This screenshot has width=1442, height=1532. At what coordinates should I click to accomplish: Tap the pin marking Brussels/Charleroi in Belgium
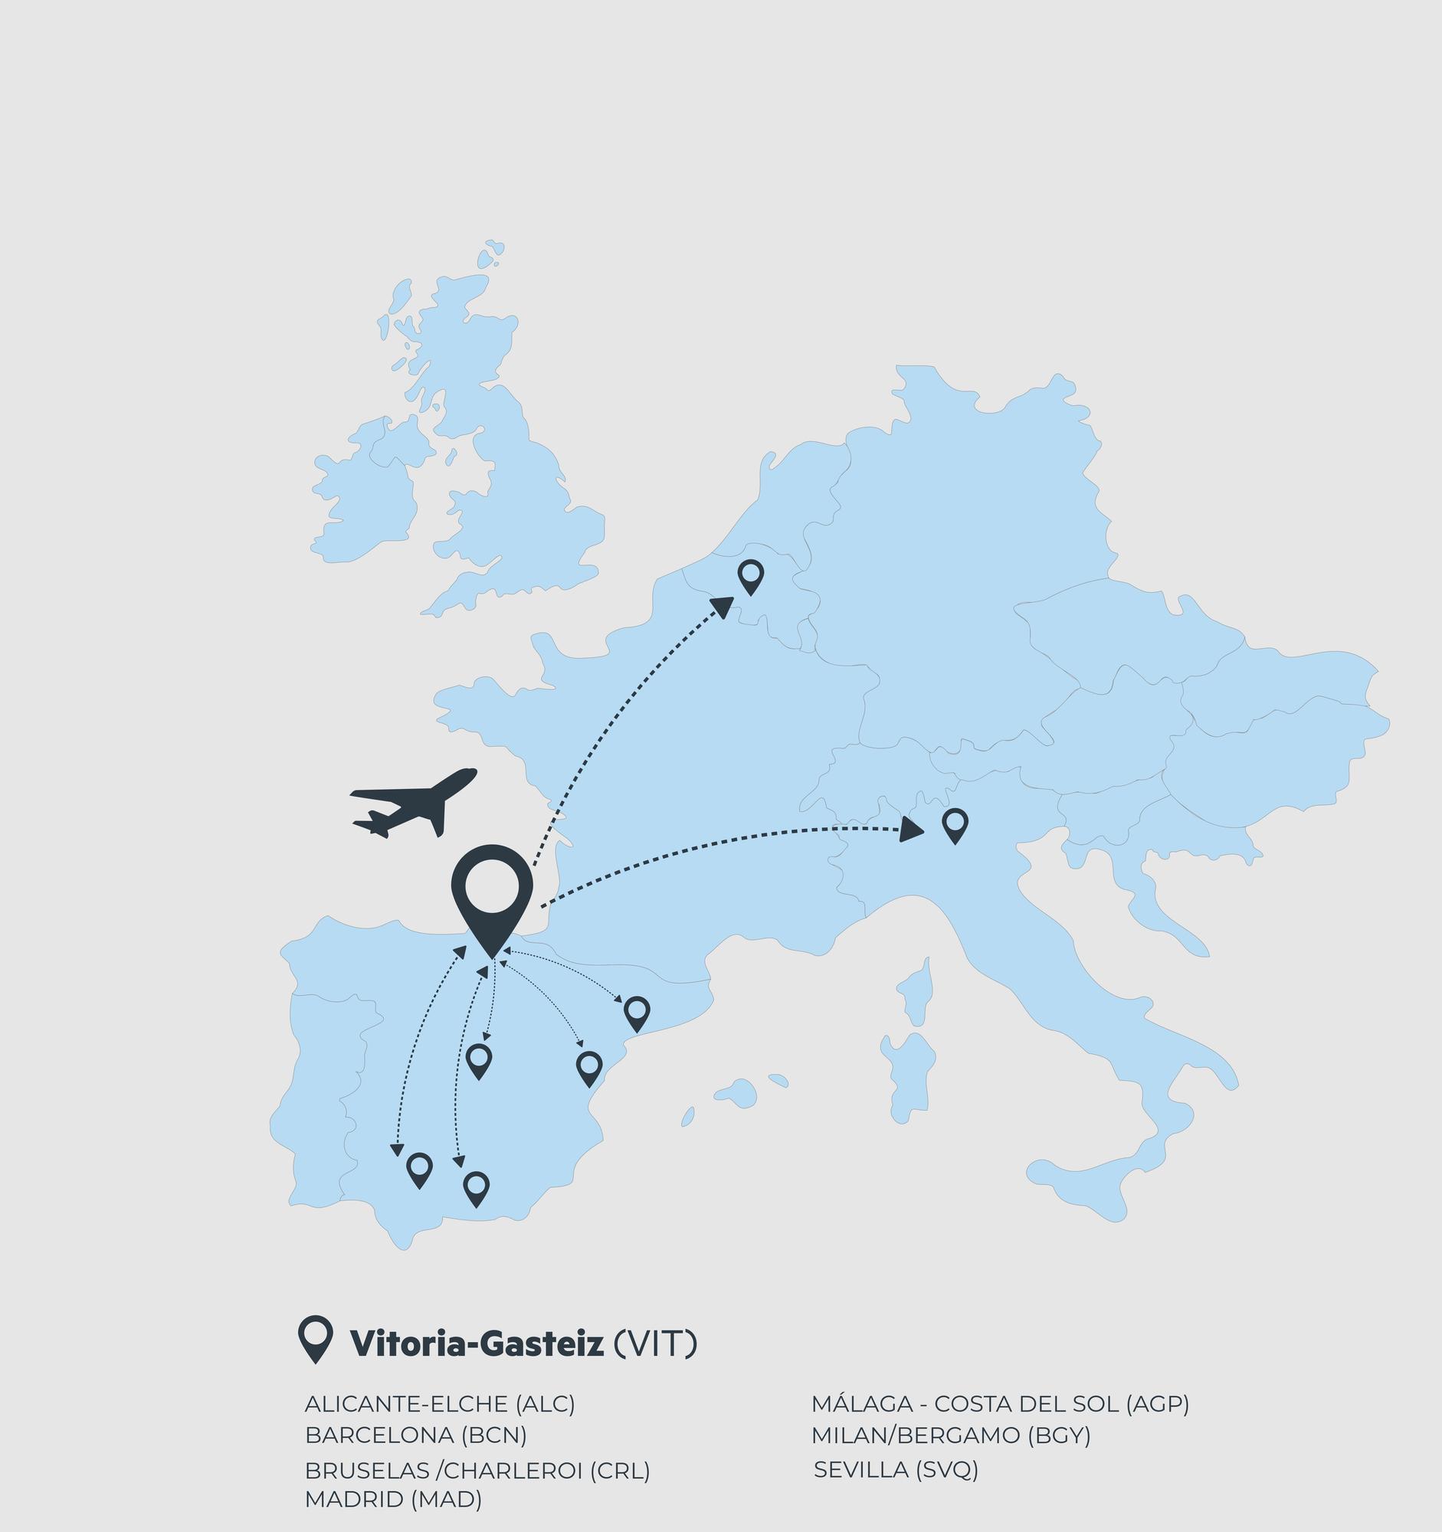tap(750, 576)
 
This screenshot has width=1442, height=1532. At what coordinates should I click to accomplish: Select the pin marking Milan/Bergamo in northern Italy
tap(955, 825)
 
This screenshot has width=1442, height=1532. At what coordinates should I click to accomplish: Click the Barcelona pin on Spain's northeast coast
tap(637, 1012)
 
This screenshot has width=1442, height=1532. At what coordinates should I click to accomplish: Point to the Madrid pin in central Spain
tap(479, 1059)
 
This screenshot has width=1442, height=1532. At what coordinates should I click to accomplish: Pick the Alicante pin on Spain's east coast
tap(588, 1066)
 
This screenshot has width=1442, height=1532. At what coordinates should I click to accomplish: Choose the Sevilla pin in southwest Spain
tap(419, 1169)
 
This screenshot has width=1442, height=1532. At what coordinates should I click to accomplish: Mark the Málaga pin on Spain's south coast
tap(477, 1187)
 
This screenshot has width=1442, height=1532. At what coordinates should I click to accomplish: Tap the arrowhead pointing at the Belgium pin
tap(723, 607)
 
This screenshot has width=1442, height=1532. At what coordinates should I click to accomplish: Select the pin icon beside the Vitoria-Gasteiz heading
tap(315, 1338)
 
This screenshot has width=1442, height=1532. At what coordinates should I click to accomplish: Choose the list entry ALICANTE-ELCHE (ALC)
tap(440, 1404)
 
